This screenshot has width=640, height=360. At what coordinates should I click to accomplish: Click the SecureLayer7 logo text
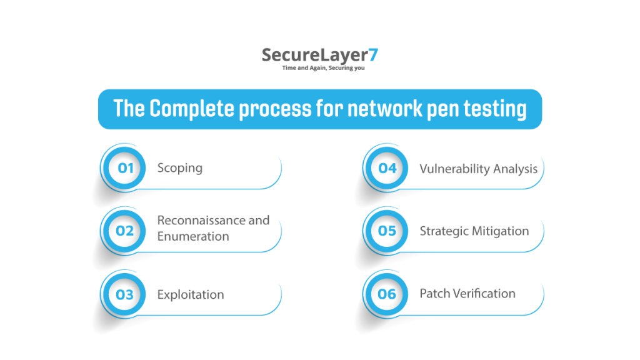point(319,55)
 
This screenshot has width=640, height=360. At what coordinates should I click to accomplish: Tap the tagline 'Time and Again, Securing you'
point(323,68)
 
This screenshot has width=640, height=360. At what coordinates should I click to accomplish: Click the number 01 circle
point(125,168)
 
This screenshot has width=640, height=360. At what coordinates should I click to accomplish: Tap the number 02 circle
point(125,231)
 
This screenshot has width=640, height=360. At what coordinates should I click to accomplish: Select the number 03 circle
point(125,294)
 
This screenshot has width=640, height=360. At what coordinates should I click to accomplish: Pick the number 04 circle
point(387,168)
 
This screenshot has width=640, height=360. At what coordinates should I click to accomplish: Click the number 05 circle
point(387,231)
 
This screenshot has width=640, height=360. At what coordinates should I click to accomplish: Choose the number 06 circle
point(387,294)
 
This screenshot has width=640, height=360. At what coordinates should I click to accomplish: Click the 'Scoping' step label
point(180,168)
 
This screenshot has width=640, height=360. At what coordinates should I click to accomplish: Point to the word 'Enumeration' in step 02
point(193,236)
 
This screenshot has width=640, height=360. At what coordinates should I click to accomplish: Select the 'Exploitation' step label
point(191,294)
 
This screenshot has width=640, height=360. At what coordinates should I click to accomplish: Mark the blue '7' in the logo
point(372,54)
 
